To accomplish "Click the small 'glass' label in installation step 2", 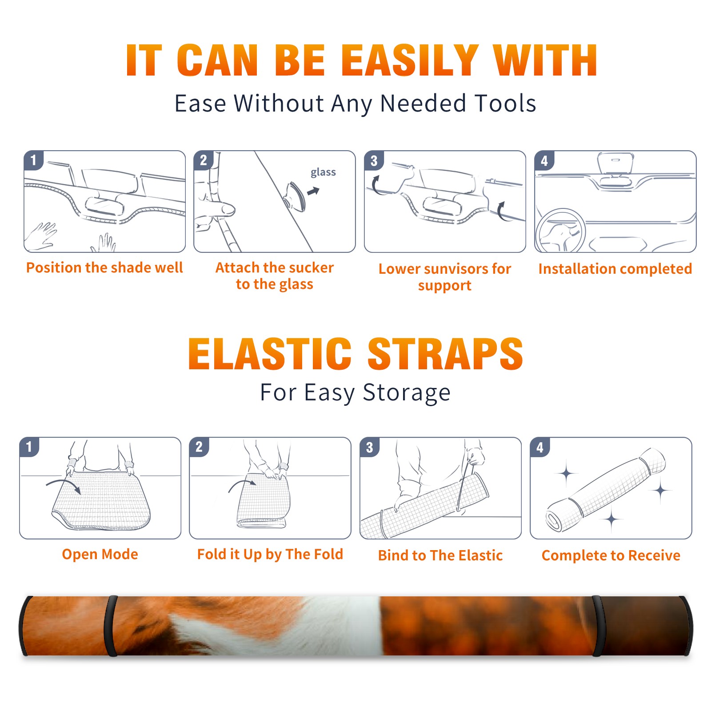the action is pos(323,172).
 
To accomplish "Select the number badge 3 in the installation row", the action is pos(373,160).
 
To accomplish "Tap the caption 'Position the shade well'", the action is pos(104,268).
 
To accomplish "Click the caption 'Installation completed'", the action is pos(615,269).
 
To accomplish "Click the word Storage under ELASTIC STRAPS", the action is pos(407,393).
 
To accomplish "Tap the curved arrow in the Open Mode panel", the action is pos(64,486).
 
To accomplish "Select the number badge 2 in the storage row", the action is pos(199,447).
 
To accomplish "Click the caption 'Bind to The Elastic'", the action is pos(440,555).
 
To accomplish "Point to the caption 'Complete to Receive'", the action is pos(611,555).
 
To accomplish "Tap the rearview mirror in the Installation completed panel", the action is pos(615,165).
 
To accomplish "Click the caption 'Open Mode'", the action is pos(100,554).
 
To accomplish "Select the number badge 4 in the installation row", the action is pos(544,160).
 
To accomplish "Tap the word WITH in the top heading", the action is pos(545,60).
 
